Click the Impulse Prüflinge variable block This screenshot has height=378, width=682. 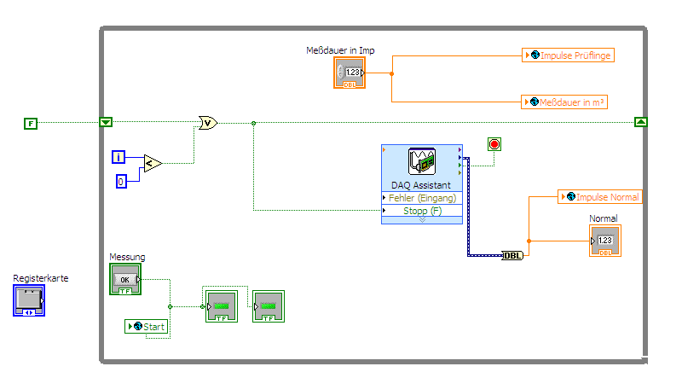tap(569, 55)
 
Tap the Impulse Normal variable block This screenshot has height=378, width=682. tap(599, 197)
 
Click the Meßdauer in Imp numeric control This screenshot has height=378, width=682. tap(350, 73)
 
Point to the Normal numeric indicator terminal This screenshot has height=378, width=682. tap(605, 241)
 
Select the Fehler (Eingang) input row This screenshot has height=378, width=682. tap(422, 198)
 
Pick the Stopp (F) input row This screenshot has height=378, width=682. tap(422, 211)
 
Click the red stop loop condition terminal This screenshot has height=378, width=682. tap(494, 144)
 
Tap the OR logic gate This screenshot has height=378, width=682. tap(207, 123)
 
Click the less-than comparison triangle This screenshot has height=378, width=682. tap(152, 163)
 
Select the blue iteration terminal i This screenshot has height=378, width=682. tap(119, 156)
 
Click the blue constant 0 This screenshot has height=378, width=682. tap(121, 180)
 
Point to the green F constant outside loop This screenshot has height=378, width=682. tap(31, 124)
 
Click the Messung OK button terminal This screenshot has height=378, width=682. tap(124, 280)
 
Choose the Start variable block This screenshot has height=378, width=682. tap(147, 326)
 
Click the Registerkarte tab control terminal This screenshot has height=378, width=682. tap(29, 300)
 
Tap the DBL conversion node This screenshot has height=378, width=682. tap(512, 255)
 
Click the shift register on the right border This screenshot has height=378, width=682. tap(641, 122)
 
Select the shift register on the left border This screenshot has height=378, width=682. tap(106, 123)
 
